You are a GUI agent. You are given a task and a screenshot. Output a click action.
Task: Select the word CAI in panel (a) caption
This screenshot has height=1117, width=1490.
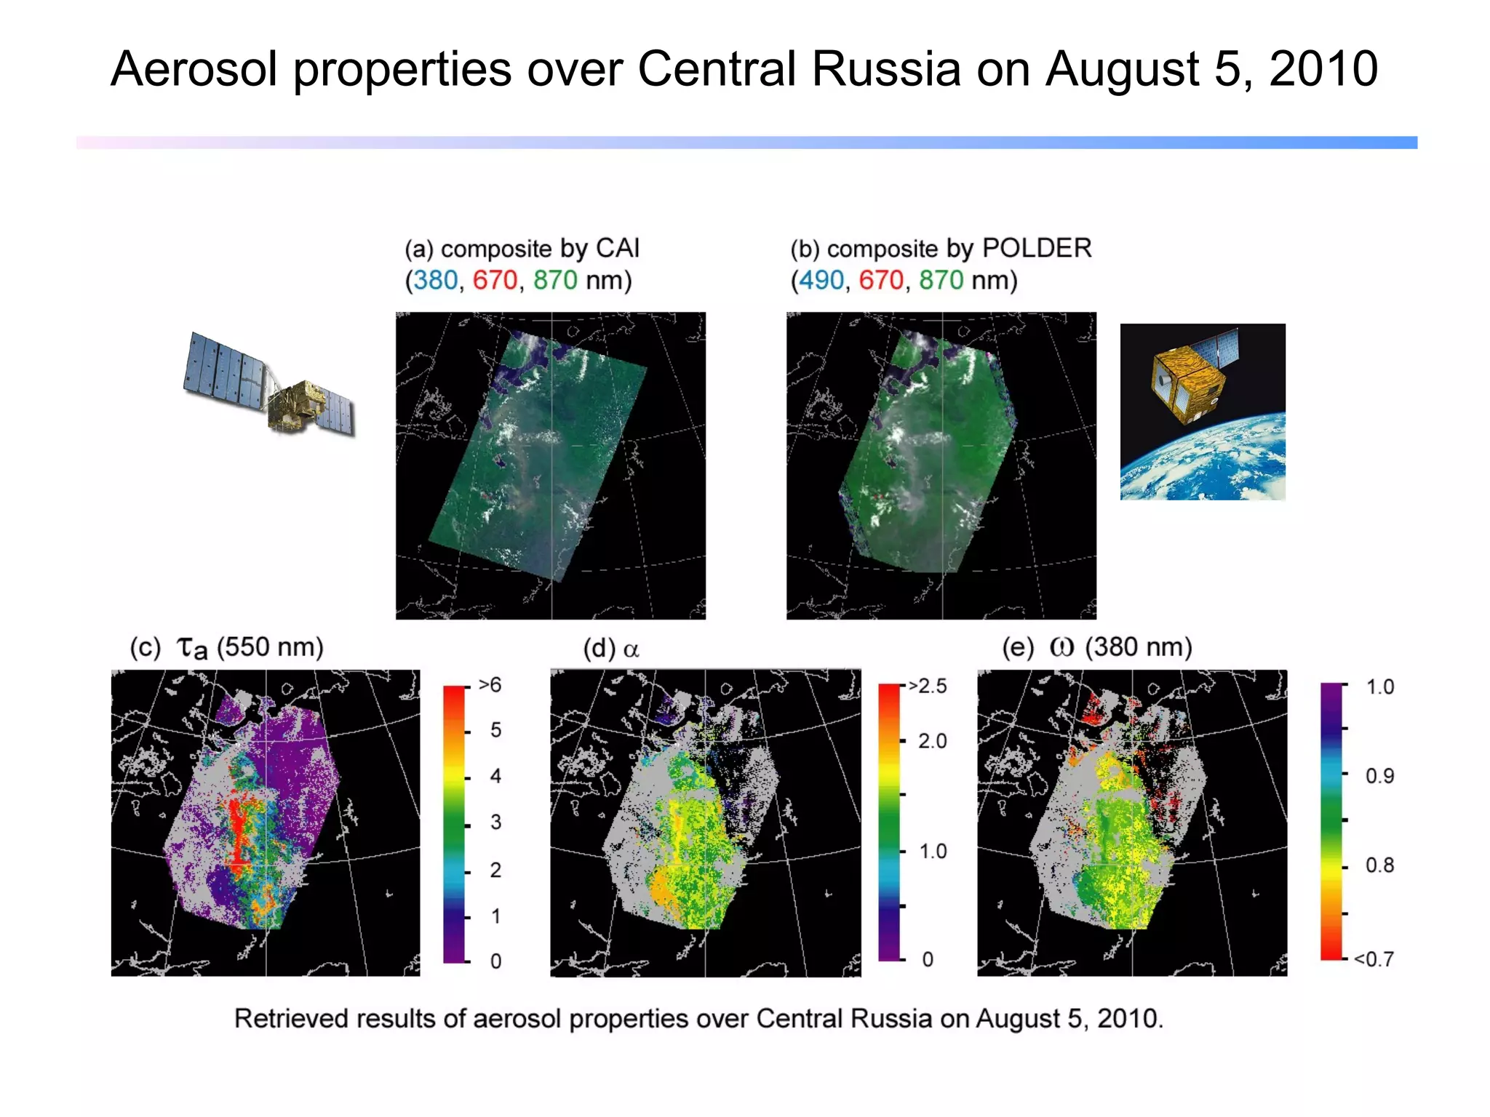pos(618,248)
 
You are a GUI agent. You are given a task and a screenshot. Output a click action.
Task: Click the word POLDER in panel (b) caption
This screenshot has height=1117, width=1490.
pos(1037,248)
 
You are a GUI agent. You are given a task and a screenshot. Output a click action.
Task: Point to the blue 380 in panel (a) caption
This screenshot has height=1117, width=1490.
pos(436,280)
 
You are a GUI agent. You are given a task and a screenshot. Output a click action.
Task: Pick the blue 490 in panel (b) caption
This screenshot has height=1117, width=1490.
pos(821,280)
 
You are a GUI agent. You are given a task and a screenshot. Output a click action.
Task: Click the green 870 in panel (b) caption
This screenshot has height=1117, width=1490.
pos(941,280)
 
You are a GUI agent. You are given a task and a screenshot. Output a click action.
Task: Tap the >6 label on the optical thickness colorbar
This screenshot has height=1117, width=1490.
pos(490,685)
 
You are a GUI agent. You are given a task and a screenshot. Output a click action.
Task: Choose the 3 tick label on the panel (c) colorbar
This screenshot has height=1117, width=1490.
pos(495,822)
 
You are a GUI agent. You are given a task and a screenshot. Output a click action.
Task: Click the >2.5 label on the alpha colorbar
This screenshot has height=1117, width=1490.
pos(928,686)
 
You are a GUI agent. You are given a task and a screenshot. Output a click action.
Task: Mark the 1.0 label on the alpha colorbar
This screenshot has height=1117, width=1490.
pos(933,852)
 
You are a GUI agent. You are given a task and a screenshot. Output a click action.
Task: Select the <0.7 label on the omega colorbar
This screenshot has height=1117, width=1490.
pos(1374,959)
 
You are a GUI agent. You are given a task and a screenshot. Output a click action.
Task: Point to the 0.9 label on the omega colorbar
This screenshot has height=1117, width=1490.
pos(1379,776)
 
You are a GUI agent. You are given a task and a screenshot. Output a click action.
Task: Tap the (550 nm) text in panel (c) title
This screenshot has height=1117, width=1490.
pos(270,646)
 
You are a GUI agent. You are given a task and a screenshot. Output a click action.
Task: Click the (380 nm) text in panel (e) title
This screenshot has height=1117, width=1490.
pos(1139,646)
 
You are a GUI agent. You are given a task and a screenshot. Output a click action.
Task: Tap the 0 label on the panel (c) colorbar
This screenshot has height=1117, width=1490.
pos(495,961)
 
